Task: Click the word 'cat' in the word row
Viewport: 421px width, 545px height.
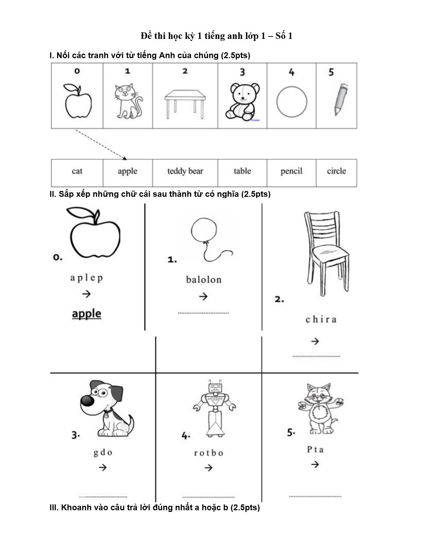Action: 77,171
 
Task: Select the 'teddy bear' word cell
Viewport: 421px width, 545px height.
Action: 185,171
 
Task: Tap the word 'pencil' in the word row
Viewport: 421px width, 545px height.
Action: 291,171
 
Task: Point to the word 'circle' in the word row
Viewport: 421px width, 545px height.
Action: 336,171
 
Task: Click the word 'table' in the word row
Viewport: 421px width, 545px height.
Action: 242,171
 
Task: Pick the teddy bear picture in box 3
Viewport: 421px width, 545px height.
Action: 242,101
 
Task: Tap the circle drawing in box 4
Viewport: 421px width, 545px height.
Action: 292,102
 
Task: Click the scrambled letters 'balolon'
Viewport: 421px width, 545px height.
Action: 204,280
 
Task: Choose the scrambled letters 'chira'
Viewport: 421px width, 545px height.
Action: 321,320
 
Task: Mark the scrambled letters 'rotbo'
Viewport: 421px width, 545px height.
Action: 208,453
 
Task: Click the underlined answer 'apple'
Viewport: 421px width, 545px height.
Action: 87,314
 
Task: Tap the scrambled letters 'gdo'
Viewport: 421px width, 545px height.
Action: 103,452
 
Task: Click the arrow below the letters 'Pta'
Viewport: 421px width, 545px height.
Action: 315,464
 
